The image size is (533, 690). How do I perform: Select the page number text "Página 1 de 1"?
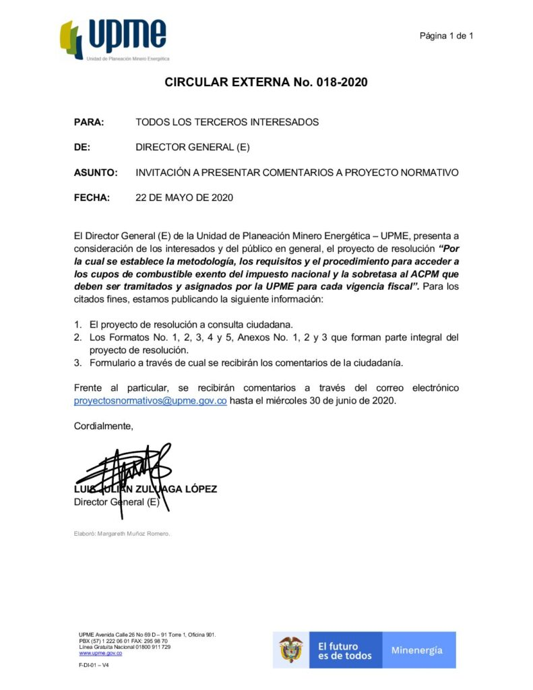click(x=446, y=35)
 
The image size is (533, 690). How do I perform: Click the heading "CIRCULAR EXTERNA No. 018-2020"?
click(x=266, y=83)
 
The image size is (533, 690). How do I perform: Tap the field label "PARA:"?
click(x=88, y=122)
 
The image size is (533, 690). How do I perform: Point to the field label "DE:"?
click(x=82, y=147)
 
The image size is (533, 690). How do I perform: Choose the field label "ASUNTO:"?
click(x=95, y=172)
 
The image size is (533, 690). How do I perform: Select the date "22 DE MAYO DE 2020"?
click(x=184, y=197)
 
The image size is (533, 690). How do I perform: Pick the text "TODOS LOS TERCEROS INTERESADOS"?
click(x=226, y=122)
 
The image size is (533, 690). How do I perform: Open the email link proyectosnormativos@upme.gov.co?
click(x=150, y=401)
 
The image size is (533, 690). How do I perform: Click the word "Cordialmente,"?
click(x=103, y=426)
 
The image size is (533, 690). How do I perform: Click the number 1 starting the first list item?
click(x=77, y=325)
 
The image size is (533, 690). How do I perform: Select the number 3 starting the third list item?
click(x=77, y=363)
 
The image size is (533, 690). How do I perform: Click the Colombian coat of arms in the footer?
click(x=291, y=650)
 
